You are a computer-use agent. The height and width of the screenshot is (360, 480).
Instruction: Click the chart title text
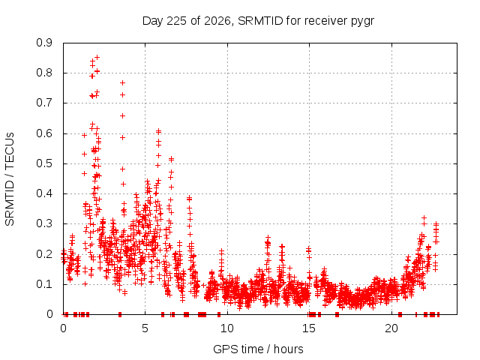(258, 21)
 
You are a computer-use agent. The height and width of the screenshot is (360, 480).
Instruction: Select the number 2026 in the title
(217, 21)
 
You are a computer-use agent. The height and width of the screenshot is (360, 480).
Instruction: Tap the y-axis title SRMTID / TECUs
(10, 179)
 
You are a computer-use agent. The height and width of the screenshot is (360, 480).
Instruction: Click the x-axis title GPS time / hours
(258, 349)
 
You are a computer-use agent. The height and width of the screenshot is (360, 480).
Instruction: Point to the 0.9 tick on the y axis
(44, 43)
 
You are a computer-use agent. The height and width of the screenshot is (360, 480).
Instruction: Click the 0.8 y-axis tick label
(44, 73)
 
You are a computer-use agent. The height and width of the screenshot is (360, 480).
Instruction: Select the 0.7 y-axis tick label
(44, 103)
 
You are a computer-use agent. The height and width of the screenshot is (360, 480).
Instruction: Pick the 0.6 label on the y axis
(44, 133)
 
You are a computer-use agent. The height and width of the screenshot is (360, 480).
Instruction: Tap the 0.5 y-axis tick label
(44, 163)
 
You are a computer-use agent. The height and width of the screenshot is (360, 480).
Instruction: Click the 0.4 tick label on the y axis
(44, 193)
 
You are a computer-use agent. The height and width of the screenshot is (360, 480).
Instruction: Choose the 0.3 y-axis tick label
(44, 223)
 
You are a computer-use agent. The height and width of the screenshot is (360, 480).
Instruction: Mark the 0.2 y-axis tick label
(44, 254)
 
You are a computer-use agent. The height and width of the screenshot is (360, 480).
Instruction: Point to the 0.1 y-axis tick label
(44, 284)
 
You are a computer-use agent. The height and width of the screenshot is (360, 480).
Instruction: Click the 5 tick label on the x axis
(145, 328)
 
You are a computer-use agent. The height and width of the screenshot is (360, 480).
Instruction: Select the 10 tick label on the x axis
(227, 328)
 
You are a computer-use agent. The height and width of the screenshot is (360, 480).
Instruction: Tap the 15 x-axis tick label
(309, 328)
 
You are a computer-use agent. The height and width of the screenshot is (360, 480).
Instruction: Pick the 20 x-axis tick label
(391, 328)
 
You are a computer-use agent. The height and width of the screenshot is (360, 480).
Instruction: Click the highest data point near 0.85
(97, 57)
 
